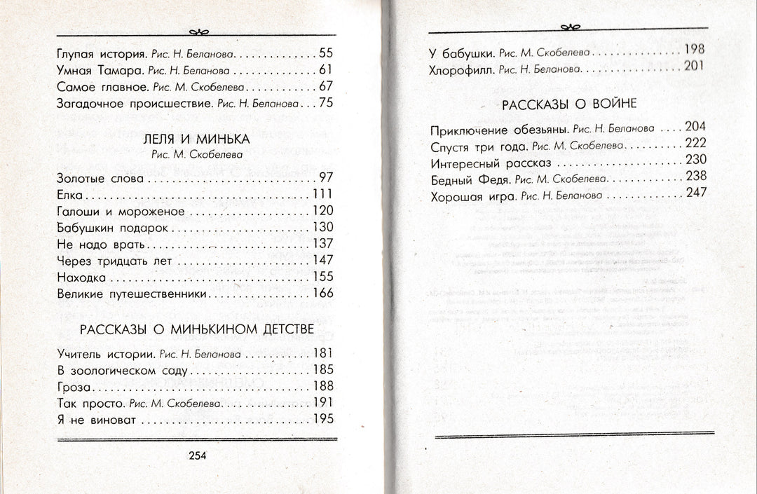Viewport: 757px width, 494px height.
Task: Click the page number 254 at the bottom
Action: click(197, 455)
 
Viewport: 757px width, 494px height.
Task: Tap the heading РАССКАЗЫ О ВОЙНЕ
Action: click(569, 104)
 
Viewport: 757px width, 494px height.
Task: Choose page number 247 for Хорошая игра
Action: click(696, 193)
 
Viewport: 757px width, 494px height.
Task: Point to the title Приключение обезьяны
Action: click(498, 129)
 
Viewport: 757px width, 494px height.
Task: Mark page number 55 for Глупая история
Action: click(325, 53)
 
